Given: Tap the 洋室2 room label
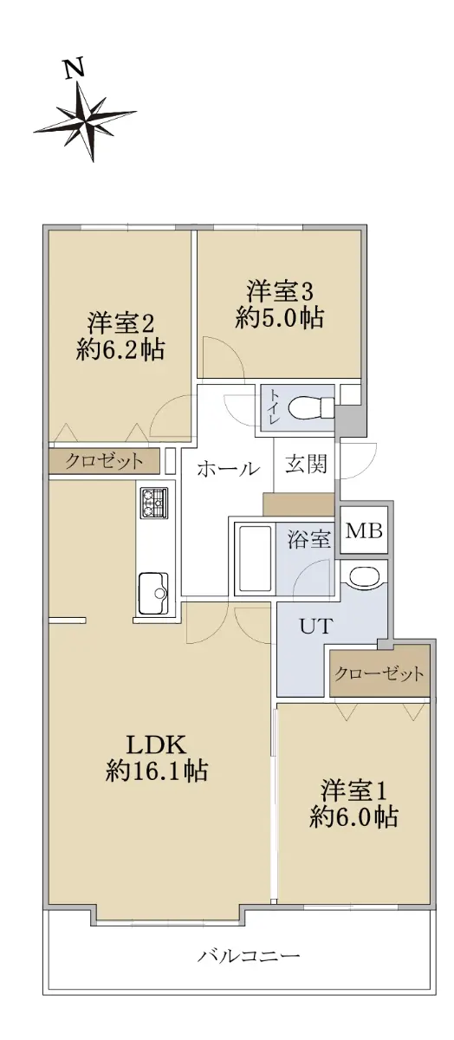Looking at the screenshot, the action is point(120,323).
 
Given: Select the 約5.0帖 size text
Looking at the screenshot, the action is point(280,318).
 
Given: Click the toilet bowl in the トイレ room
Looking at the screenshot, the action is point(311,408).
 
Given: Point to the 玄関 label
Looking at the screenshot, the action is point(306,464).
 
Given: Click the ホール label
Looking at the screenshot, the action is point(228,469).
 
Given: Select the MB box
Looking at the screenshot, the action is point(364,530).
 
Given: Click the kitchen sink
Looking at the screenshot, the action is point(153,593).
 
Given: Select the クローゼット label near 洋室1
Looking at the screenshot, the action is point(379,673).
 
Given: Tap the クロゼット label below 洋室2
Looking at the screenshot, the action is point(104,461).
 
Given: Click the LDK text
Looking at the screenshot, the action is point(157,744).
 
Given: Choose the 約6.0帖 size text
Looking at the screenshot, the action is point(353,829).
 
